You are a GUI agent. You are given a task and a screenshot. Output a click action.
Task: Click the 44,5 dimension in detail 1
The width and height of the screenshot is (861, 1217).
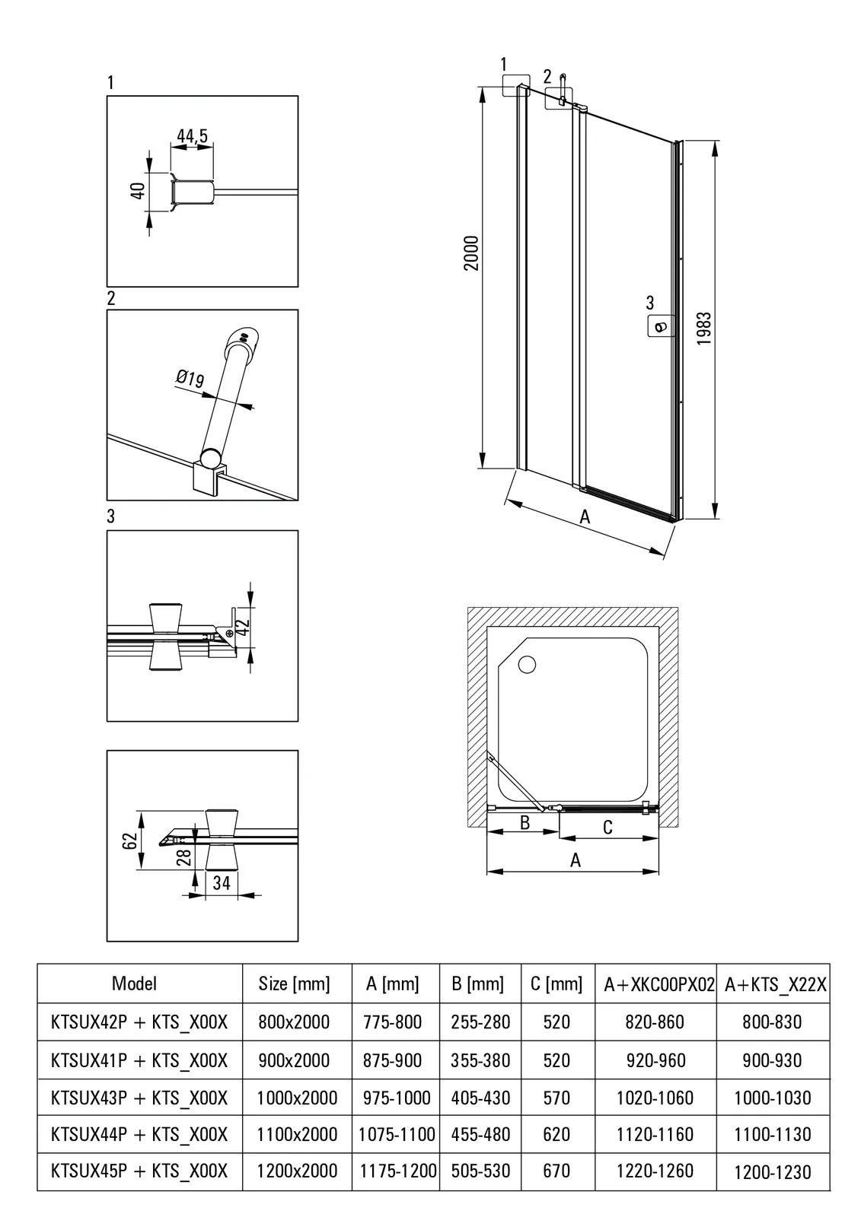pos(192,136)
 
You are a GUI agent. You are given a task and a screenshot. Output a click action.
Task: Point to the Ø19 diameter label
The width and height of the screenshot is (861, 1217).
pos(190,378)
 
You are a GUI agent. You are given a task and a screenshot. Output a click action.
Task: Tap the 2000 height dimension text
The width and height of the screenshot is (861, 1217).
pos(472,253)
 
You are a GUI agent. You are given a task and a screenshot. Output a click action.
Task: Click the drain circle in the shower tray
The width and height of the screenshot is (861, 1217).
pos(527,664)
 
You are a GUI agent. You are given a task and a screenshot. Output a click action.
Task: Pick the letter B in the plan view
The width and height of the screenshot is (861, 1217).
pos(525,822)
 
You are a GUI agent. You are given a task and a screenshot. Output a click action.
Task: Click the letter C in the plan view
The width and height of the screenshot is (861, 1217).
pos(607,827)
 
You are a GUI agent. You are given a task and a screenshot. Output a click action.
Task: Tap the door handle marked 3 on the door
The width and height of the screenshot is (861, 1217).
pos(659,327)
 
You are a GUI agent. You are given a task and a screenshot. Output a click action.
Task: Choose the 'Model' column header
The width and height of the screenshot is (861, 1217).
pos(134,983)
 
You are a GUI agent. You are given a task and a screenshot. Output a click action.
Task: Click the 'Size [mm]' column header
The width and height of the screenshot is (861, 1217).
pos(294,983)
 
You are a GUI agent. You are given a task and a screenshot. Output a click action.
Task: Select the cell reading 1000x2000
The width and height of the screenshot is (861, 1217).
pos(297,1098)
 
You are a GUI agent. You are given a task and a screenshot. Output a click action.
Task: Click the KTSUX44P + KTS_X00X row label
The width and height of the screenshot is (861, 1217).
pos(139,1134)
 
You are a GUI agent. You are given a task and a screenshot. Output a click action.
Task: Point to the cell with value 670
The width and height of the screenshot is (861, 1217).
pos(556,1171)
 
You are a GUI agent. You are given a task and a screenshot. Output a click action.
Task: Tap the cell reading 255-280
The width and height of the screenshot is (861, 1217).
pos(480,1022)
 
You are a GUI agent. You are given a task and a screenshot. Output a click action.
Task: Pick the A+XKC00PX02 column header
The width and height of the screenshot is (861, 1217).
pos(659,984)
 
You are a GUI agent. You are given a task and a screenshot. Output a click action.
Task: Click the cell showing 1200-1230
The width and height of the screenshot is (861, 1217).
pos(773,1172)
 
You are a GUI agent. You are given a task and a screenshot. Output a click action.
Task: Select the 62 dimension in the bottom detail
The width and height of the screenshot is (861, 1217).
pos(130,840)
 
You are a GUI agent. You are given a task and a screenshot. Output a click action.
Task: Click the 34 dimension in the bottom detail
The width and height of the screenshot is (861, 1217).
pos(222,883)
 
